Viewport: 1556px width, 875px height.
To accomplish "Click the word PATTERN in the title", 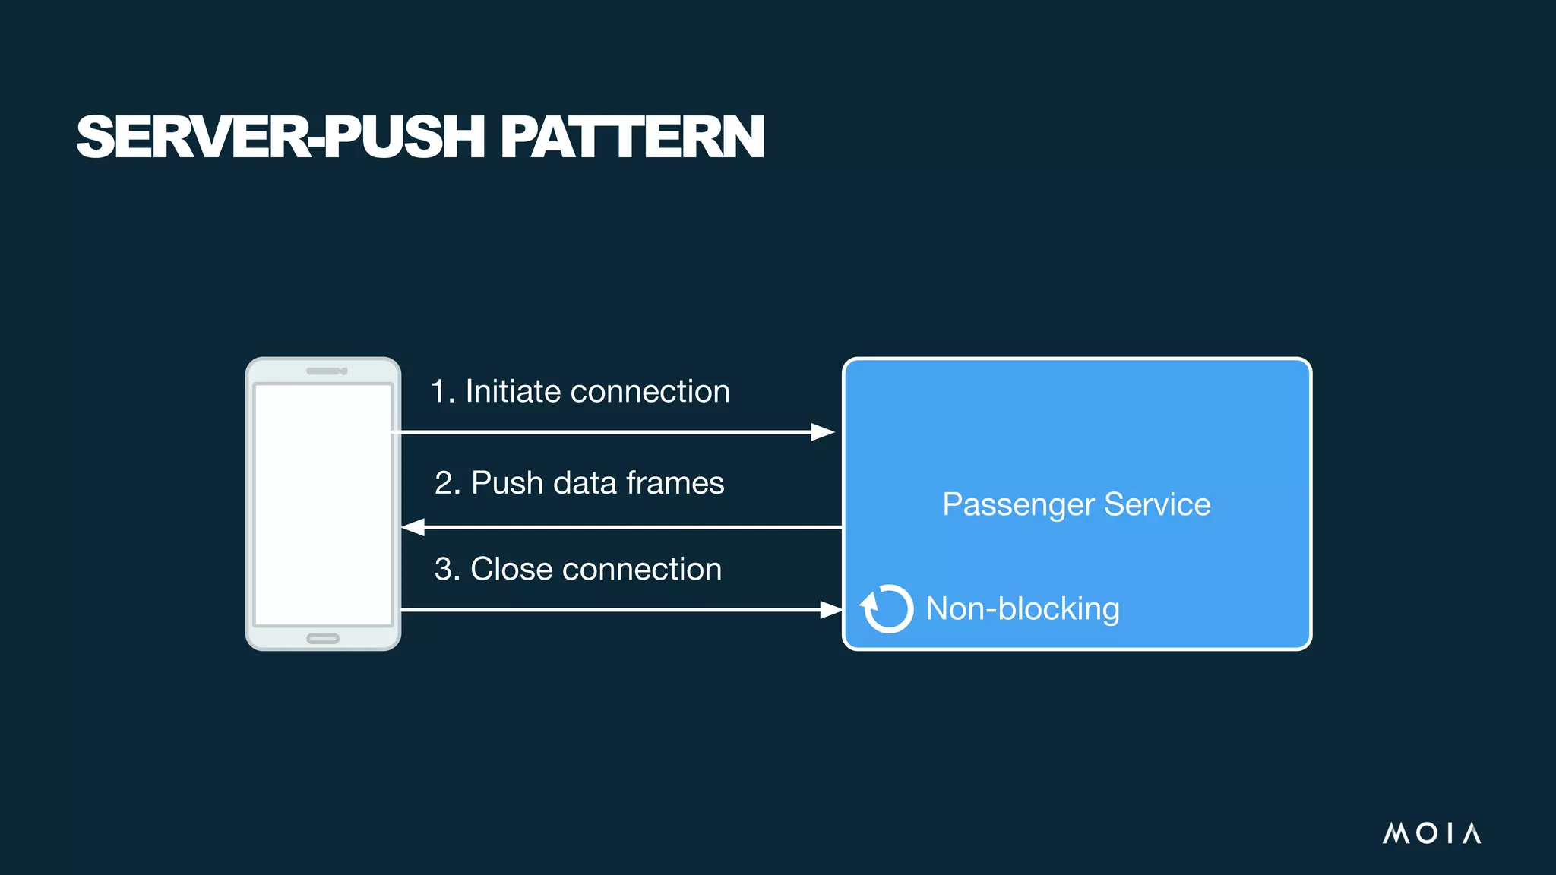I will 631,137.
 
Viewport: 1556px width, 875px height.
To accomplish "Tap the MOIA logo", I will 1431,833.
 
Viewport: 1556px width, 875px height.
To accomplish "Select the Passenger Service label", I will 1076,504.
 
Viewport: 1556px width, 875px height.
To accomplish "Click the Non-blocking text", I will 1022,608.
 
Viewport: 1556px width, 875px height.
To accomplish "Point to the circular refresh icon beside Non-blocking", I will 887,608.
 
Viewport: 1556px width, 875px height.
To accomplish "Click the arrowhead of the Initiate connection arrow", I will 823,432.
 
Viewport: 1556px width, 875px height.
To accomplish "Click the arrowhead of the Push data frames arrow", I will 413,527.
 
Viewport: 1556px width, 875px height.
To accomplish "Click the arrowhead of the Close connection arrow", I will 830,609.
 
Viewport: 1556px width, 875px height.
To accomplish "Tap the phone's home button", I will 323,638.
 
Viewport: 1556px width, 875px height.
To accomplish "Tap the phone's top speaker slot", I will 324,371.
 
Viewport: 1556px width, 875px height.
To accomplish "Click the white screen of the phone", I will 323,504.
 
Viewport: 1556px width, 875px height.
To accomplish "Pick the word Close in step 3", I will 511,570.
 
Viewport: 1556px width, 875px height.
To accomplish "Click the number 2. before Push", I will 448,483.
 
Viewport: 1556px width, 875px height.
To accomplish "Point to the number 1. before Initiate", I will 443,392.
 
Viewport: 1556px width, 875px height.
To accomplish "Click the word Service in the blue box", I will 1156,504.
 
